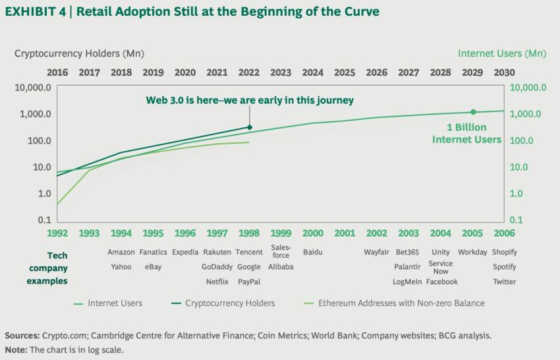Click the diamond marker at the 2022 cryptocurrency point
pos(249,127)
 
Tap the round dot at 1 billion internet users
pos(473,112)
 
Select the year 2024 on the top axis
pos(313,73)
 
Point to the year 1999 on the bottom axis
pos(281,233)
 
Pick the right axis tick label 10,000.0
pos(525,87)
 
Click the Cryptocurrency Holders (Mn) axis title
pos(79,53)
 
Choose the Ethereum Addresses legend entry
pos(401,303)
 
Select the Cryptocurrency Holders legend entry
pos(230,303)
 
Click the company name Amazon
pos(121,252)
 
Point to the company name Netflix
pos(217,282)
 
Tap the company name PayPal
pos(249,282)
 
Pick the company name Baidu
pos(313,252)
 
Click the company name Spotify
pos(504,267)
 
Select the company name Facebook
pos(441,282)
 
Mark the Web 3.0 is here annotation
pos(250,100)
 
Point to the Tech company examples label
pos(47,268)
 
